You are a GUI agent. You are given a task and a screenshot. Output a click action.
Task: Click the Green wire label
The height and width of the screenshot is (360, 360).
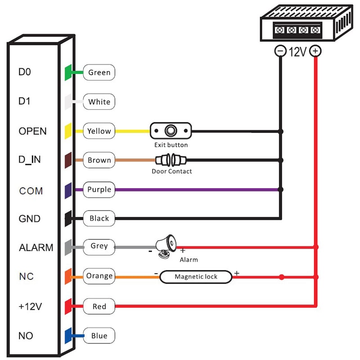[99, 72]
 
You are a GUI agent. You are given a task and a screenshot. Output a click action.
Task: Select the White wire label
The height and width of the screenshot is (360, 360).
[99, 102]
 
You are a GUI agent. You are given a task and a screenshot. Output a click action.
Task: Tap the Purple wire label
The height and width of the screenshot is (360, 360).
[99, 189]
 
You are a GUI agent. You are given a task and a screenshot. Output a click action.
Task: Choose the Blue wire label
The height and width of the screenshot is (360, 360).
[99, 336]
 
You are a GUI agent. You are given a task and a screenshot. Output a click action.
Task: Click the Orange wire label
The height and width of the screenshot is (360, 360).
[99, 276]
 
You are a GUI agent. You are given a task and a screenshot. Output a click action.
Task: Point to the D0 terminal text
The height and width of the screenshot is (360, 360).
[25, 72]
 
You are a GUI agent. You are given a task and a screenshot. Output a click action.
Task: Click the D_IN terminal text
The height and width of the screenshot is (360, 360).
[30, 160]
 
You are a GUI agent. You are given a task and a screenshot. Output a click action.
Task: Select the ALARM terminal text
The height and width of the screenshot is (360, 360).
[36, 247]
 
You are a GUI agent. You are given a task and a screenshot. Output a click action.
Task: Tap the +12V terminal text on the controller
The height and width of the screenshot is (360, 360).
[30, 306]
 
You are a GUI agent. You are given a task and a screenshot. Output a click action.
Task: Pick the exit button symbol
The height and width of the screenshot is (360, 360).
[171, 131]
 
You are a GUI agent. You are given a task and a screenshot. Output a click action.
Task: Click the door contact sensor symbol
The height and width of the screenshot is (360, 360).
[171, 160]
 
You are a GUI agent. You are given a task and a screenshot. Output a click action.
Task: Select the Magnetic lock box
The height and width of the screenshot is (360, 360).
[196, 277]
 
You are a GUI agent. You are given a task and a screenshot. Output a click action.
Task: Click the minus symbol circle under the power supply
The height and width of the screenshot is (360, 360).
[280, 51]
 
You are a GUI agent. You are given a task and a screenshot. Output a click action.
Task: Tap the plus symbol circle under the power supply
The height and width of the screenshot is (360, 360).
[316, 51]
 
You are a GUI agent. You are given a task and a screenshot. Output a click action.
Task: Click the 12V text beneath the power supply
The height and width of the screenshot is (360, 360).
[298, 52]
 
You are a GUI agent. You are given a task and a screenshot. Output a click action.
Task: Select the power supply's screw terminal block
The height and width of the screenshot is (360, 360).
[297, 31]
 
